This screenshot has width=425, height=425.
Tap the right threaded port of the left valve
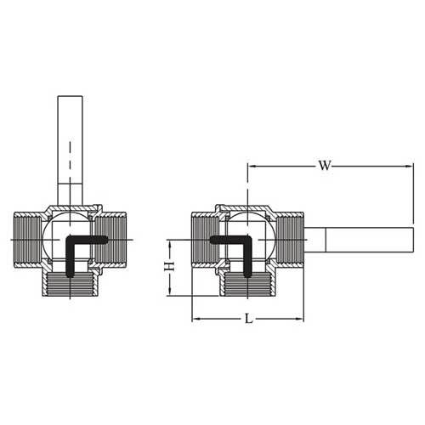click(112, 241)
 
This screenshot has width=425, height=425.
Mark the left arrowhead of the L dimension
click(195, 318)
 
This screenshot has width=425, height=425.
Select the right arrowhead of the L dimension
click(300, 318)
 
